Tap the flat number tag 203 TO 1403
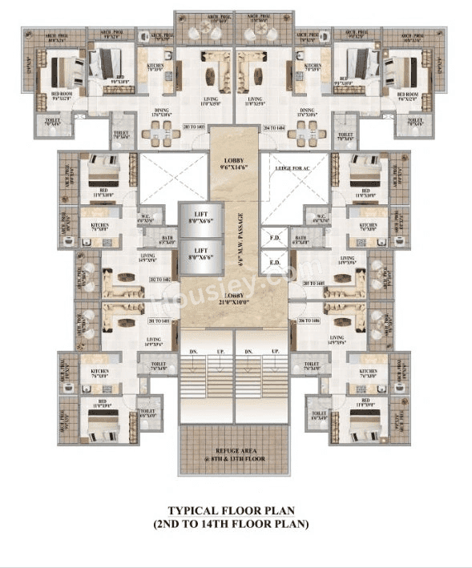point(194,127)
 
